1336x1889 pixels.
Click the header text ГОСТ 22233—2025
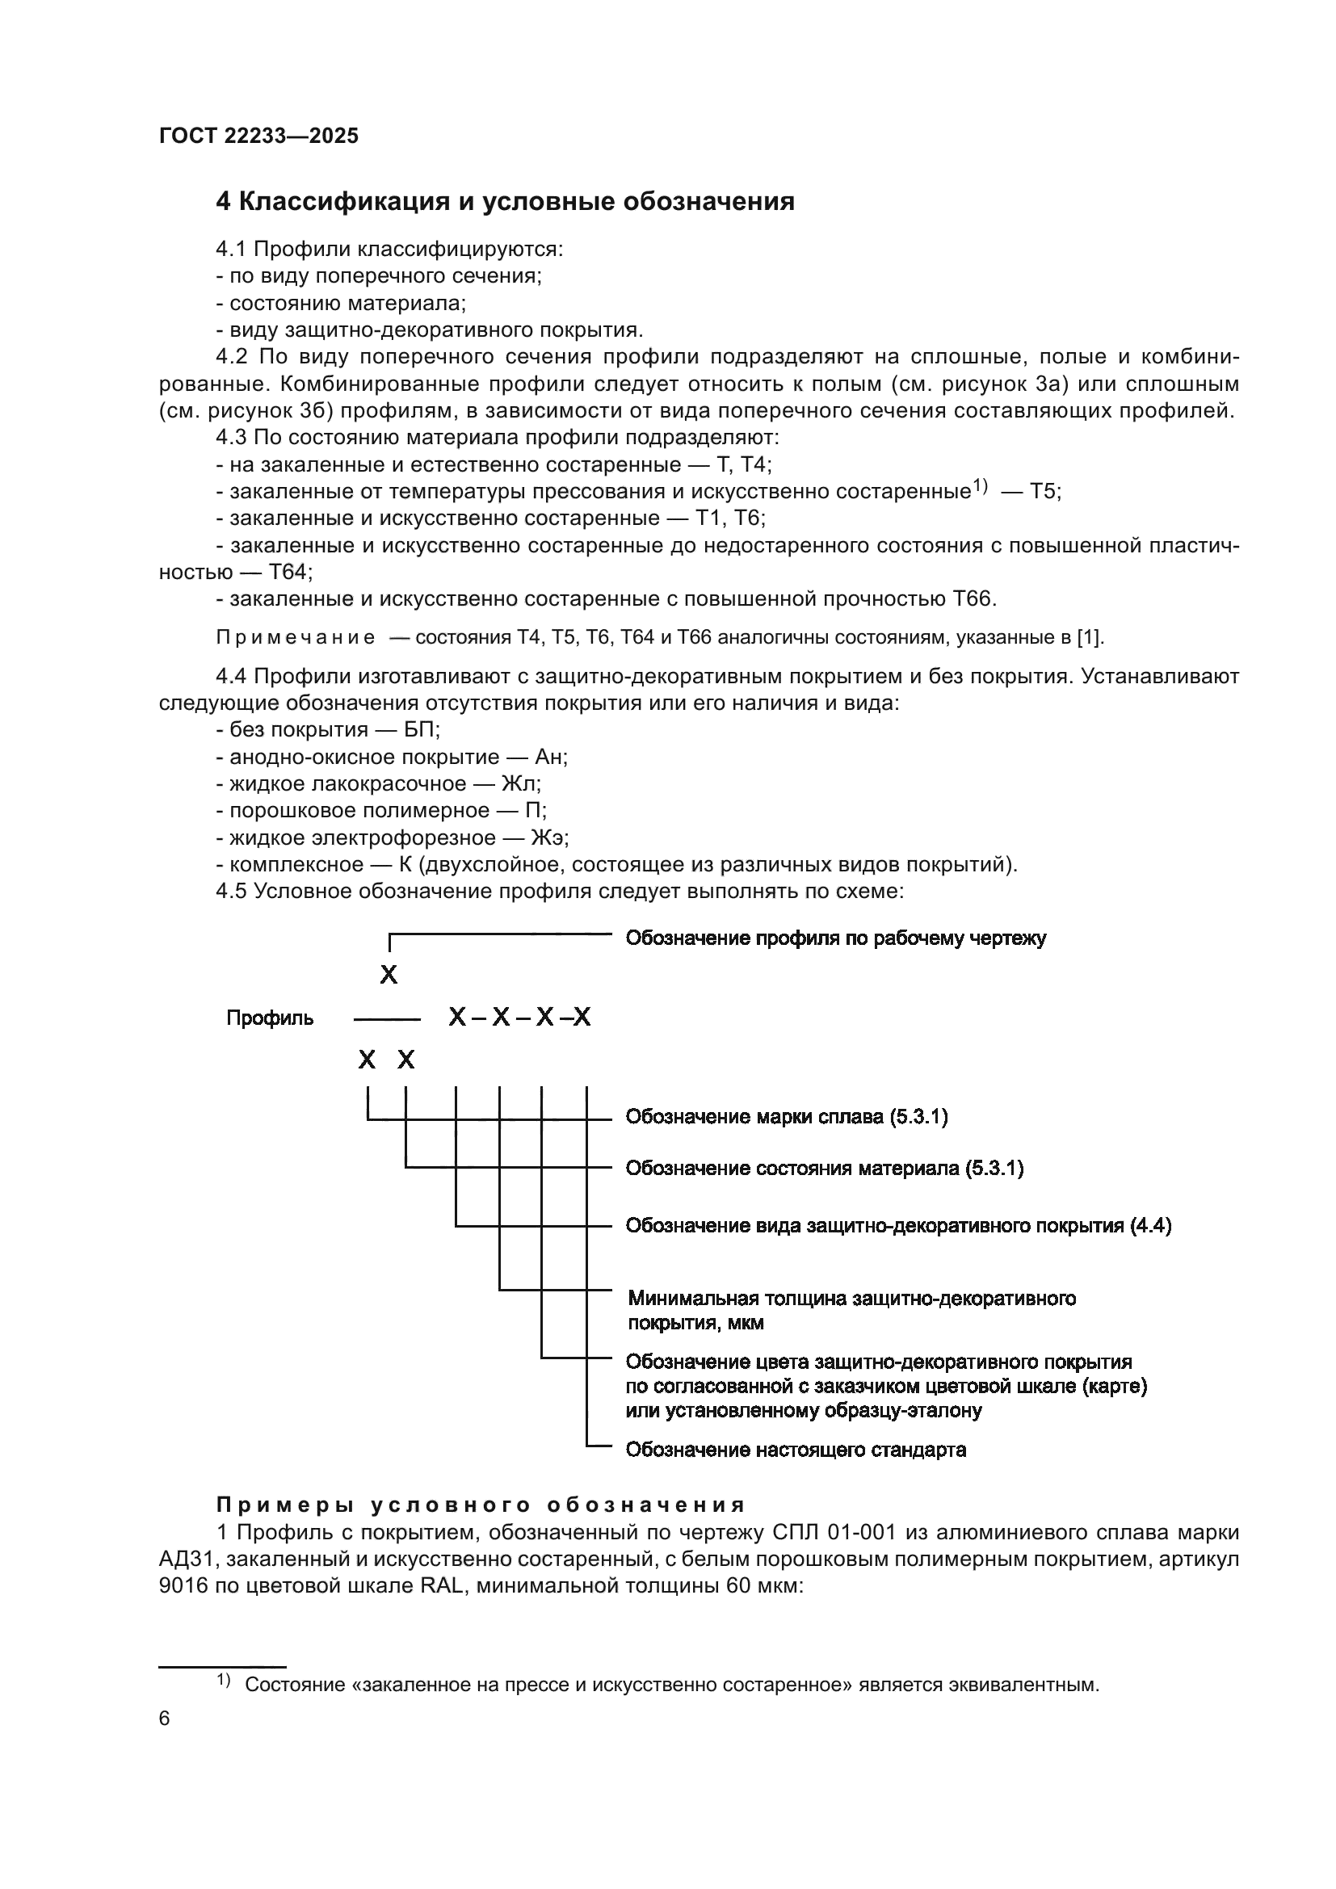coord(258,136)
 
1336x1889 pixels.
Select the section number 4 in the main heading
coord(223,202)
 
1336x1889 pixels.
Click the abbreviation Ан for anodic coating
coord(550,757)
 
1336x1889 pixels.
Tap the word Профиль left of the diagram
coord(270,1018)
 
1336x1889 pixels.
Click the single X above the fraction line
coord(389,976)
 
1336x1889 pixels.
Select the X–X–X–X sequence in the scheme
coord(519,1018)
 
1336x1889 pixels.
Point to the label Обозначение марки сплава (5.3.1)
coord(787,1117)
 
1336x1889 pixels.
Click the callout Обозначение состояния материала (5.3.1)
coord(825,1169)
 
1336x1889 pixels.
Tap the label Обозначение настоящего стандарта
coord(796,1450)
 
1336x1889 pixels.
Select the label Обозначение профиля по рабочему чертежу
coord(836,938)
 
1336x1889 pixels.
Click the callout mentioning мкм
coord(851,1311)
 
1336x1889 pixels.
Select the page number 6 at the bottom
coord(165,1719)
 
